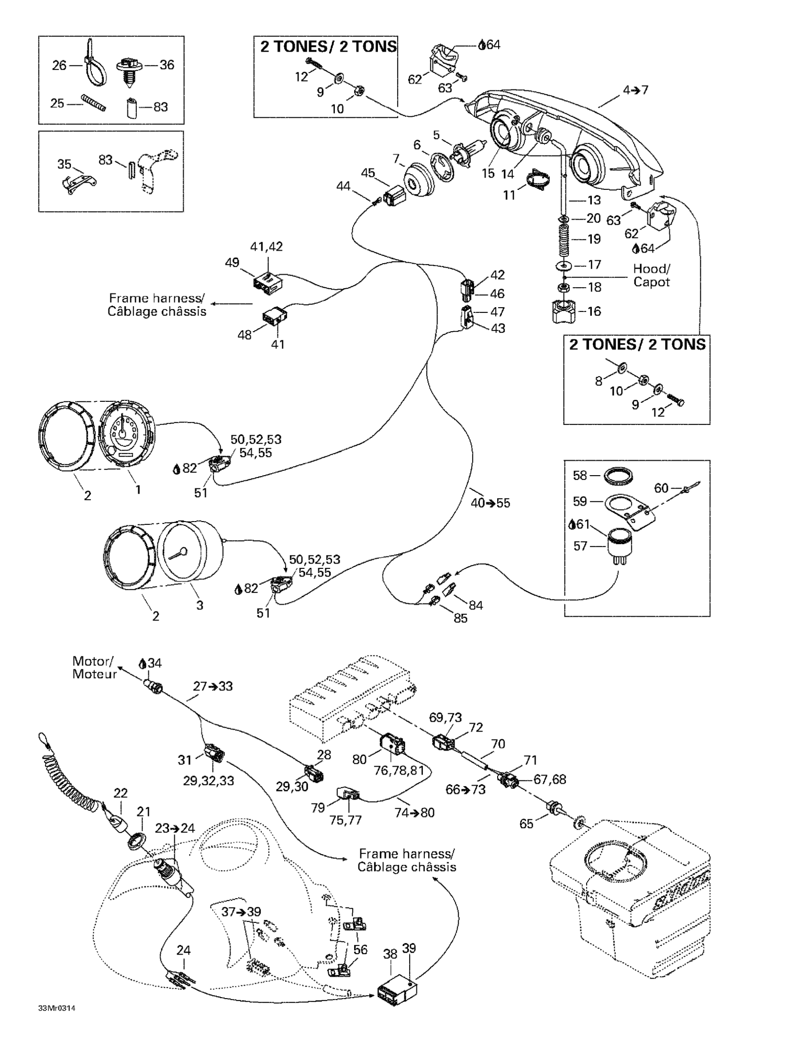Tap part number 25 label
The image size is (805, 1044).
[x=57, y=103]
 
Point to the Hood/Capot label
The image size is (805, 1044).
[x=652, y=275]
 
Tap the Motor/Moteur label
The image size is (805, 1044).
[x=94, y=667]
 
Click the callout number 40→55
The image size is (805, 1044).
[x=490, y=503]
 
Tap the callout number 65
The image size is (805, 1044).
[x=526, y=823]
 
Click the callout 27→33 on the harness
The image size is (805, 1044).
[x=213, y=686]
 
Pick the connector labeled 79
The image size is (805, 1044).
[x=348, y=794]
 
